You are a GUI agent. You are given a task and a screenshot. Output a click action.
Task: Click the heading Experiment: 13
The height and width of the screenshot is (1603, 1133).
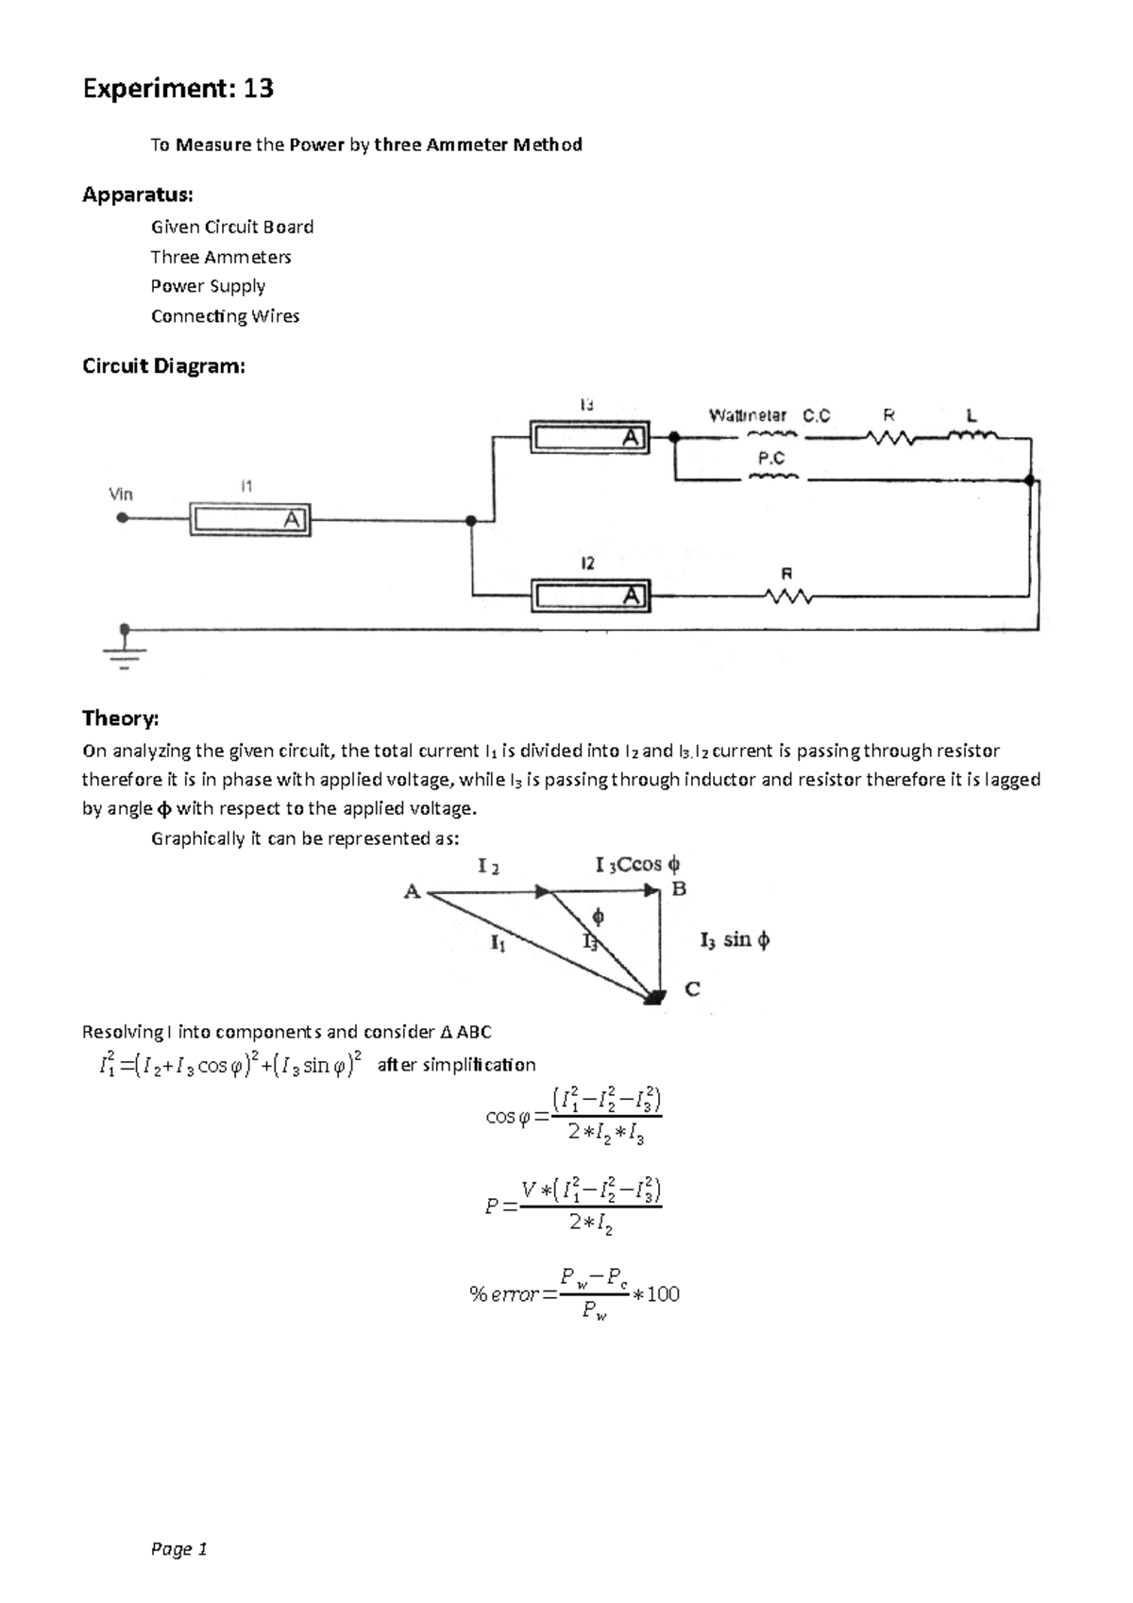(178, 89)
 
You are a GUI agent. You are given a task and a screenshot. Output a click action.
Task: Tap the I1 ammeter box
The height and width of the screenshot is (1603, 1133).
(249, 519)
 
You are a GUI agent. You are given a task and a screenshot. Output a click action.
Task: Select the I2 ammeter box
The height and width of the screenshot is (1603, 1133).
(589, 596)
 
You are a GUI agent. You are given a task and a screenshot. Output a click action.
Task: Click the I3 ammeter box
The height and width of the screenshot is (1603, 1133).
(589, 437)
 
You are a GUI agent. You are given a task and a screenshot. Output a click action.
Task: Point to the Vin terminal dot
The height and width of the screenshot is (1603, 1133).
(122, 517)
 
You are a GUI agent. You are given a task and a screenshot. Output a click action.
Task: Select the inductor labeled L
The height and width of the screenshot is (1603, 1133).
(972, 436)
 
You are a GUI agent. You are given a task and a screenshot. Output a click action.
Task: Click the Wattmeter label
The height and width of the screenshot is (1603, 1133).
(747, 415)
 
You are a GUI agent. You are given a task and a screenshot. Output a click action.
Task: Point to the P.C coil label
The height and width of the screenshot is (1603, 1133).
(771, 458)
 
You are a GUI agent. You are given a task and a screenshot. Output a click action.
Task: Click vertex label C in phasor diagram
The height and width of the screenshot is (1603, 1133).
(692, 989)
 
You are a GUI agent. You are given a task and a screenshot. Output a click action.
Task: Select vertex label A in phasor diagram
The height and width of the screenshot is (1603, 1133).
(412, 891)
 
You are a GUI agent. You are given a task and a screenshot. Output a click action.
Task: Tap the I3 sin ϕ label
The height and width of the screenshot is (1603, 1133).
(735, 939)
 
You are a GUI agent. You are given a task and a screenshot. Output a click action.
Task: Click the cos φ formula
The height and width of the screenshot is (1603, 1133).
(573, 1117)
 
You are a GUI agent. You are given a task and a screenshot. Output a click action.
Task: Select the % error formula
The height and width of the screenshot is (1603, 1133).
(574, 1293)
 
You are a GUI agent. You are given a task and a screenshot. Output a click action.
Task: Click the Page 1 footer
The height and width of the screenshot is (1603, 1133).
(178, 1549)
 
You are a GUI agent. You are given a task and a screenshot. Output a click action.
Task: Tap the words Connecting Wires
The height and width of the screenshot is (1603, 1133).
(225, 316)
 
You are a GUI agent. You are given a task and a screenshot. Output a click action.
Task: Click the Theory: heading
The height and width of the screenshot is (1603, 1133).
(120, 718)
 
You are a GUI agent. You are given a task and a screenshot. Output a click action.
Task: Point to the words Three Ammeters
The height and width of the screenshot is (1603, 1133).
(221, 257)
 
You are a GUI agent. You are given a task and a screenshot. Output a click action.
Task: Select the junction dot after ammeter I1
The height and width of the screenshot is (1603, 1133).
(470, 520)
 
